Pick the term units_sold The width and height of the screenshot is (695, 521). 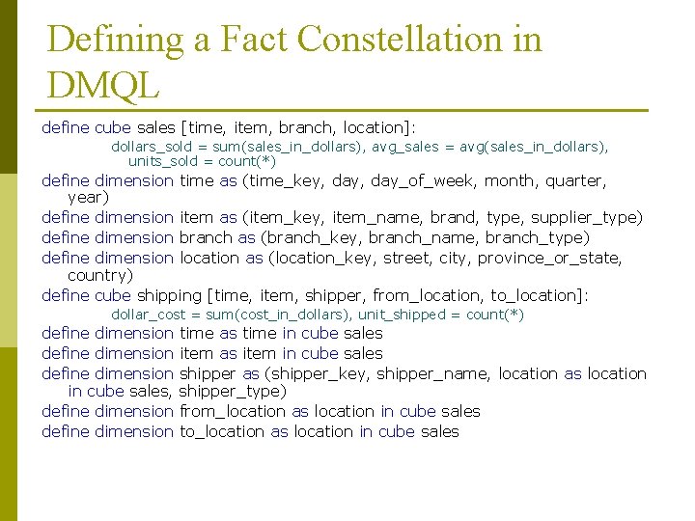tap(166, 161)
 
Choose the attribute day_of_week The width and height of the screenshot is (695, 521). tap(431, 180)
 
